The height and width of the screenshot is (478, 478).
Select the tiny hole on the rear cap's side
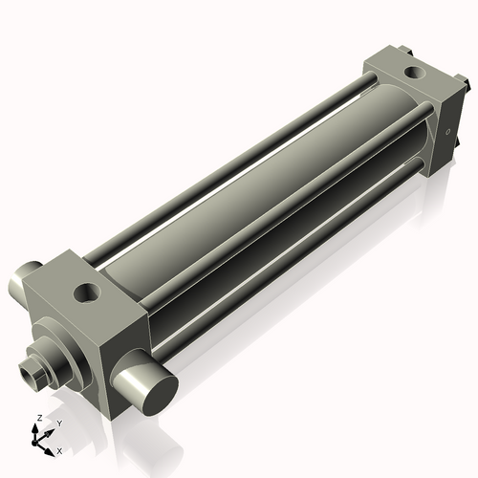click(445, 132)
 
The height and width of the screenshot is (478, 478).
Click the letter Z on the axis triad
click(36, 419)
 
